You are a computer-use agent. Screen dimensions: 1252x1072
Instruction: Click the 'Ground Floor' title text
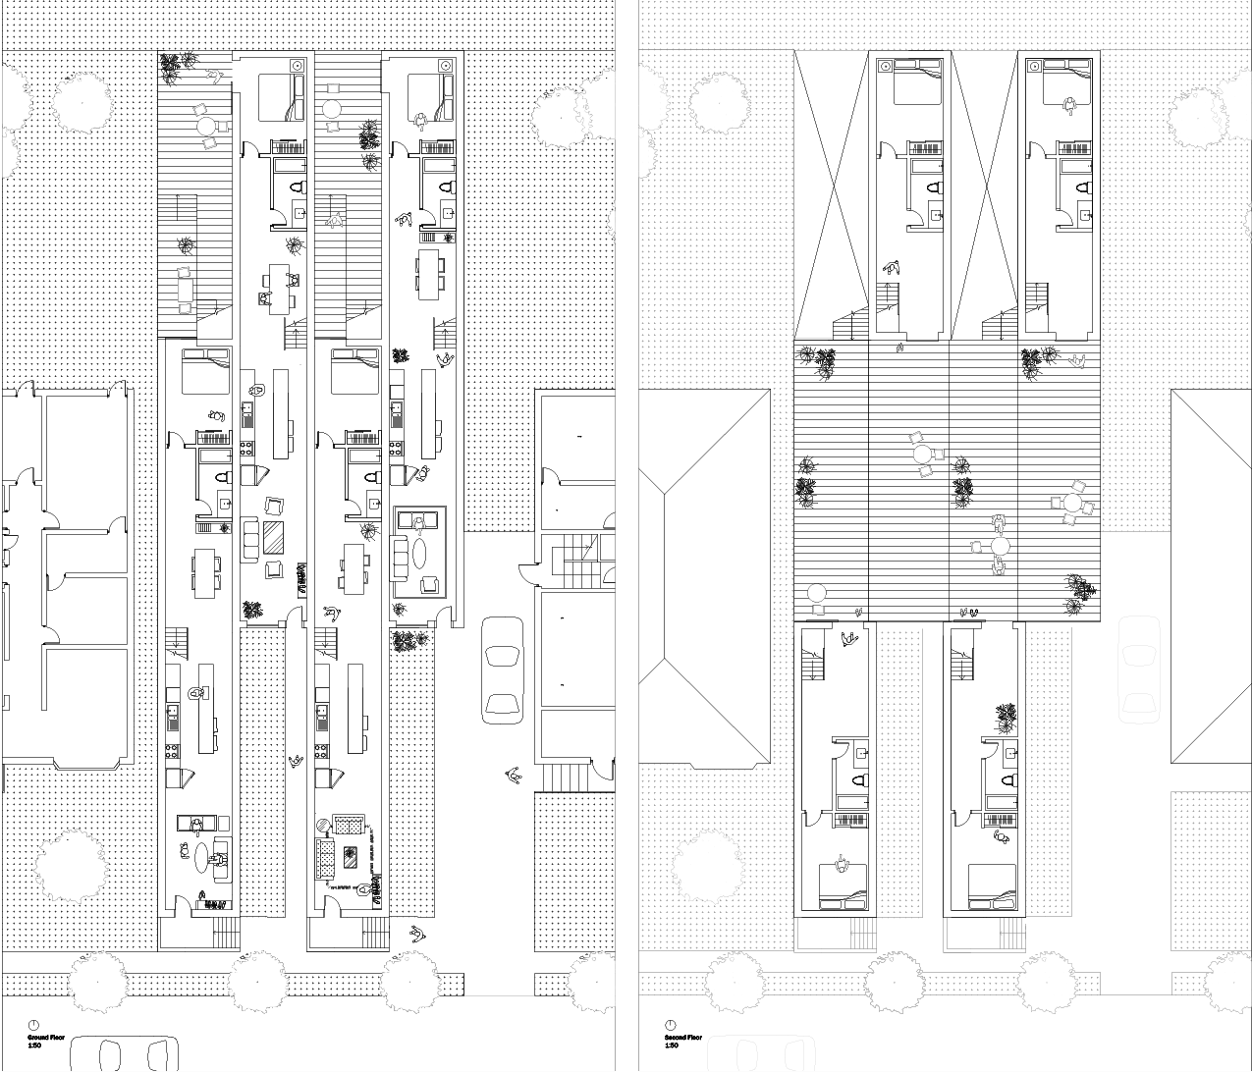coord(44,1037)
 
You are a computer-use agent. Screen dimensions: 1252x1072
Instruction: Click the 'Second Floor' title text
coord(682,1037)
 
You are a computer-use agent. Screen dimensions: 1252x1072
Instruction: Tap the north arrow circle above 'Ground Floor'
coord(34,1025)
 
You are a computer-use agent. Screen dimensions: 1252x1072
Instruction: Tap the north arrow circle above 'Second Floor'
coord(672,1025)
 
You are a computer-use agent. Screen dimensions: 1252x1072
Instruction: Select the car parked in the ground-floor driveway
coord(503,670)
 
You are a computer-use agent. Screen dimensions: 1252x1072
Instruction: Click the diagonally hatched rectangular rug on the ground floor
coord(273,538)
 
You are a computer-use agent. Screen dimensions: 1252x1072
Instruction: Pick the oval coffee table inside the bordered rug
coord(420,550)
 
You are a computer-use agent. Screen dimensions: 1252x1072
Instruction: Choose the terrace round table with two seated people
coord(1000,546)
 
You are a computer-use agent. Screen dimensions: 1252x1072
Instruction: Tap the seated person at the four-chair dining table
coord(265,298)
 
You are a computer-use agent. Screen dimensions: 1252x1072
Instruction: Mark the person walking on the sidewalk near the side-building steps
coord(512,776)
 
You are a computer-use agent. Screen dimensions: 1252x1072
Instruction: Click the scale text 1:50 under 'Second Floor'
coord(672,1045)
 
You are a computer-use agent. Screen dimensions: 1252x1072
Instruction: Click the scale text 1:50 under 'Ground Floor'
coord(33,1045)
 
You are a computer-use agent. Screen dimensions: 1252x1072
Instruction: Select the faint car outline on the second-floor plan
coord(1139,668)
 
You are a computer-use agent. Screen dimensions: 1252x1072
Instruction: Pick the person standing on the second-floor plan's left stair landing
coord(846,639)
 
